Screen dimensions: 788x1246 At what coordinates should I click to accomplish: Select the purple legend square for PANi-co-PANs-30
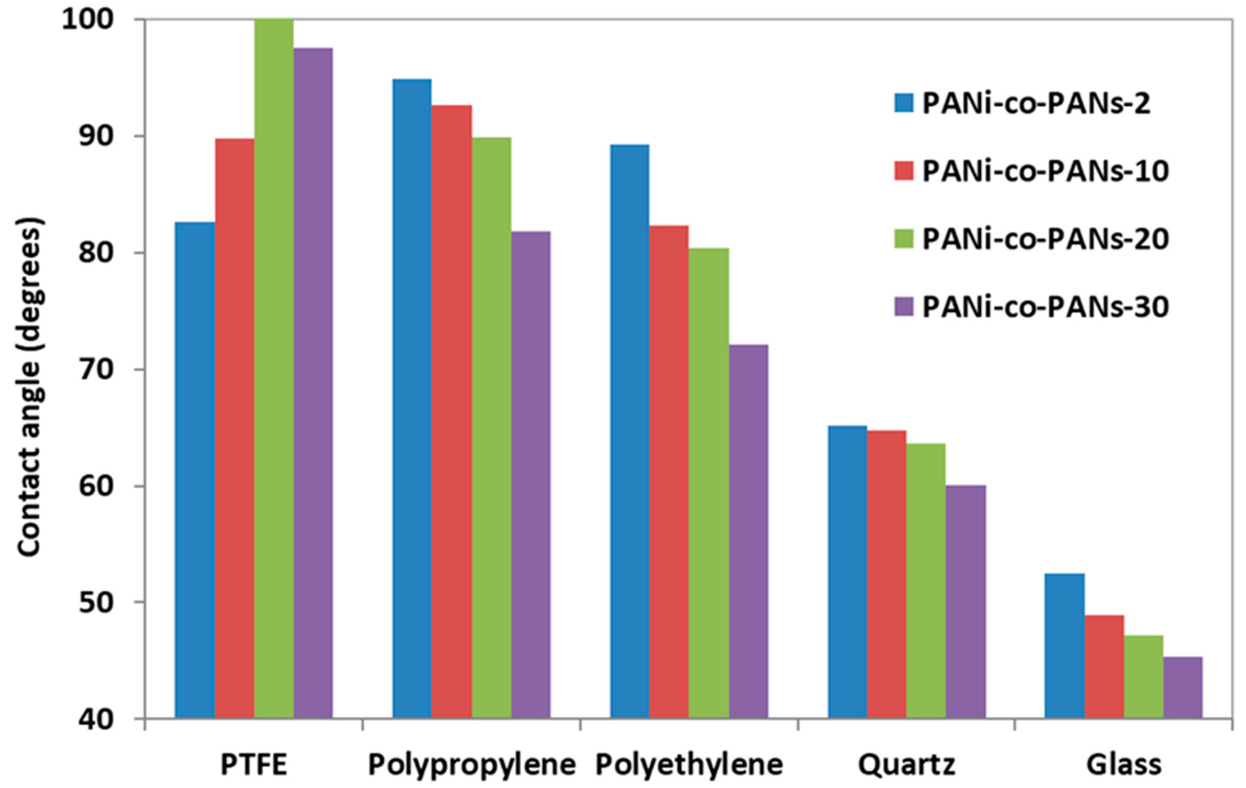[x=904, y=307]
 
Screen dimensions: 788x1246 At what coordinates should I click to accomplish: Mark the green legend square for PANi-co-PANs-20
[x=904, y=239]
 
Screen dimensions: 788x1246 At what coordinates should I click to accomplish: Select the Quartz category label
[x=907, y=764]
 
